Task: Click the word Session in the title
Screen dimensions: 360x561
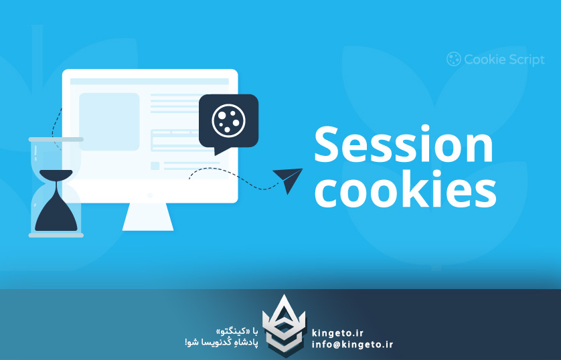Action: point(403,145)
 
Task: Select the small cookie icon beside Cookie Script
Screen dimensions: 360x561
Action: point(453,60)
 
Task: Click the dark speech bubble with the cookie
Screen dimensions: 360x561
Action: point(228,120)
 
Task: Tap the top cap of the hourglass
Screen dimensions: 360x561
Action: point(56,139)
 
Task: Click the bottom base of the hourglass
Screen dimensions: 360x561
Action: point(56,235)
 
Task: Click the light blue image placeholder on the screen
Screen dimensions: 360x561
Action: point(109,121)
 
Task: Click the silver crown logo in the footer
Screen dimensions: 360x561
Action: point(282,326)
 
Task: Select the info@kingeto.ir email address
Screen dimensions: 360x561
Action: point(352,345)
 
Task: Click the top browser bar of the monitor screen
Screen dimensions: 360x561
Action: point(149,82)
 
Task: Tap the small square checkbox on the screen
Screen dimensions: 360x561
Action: point(155,165)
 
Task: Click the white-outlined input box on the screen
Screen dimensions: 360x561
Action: point(180,141)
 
